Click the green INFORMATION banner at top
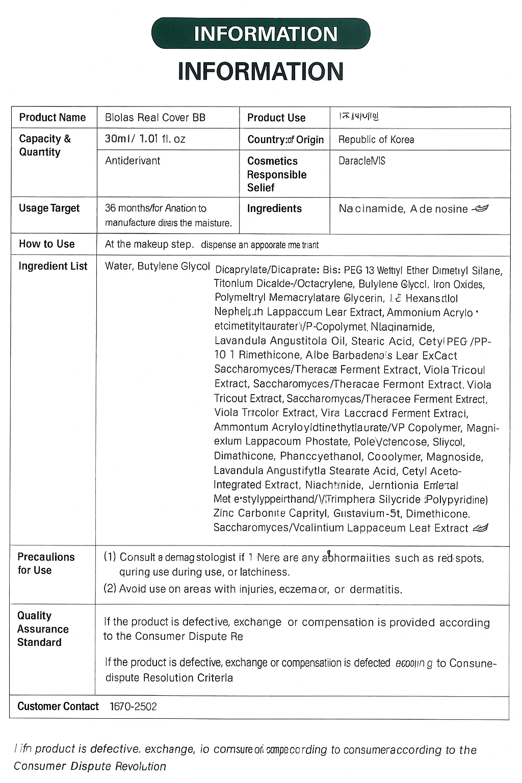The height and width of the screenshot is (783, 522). click(261, 34)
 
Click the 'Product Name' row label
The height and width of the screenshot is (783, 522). click(53, 118)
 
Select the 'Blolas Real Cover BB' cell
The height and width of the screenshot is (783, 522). click(155, 118)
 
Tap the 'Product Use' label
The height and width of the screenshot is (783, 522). click(276, 118)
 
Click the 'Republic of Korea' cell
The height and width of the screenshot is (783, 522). click(376, 140)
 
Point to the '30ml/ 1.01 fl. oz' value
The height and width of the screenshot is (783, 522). click(145, 139)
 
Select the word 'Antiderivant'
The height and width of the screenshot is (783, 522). click(133, 161)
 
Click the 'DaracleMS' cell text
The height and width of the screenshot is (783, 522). click(362, 161)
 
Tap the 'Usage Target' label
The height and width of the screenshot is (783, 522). click(49, 208)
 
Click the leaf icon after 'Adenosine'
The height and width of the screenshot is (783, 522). click(481, 208)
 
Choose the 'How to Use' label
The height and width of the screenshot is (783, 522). click(47, 244)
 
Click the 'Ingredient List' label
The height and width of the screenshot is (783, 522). click(53, 266)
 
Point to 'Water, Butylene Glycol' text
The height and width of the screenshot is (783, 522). click(157, 266)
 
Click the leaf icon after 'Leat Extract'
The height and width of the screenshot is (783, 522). click(481, 528)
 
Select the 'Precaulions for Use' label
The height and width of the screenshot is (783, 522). click(46, 563)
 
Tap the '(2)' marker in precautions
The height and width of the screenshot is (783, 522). click(110, 589)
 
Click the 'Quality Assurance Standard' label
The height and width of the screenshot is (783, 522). click(43, 629)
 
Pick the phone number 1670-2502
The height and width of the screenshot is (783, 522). click(134, 707)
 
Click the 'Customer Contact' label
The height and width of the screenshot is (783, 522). click(58, 707)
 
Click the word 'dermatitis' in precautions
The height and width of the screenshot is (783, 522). click(376, 590)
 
